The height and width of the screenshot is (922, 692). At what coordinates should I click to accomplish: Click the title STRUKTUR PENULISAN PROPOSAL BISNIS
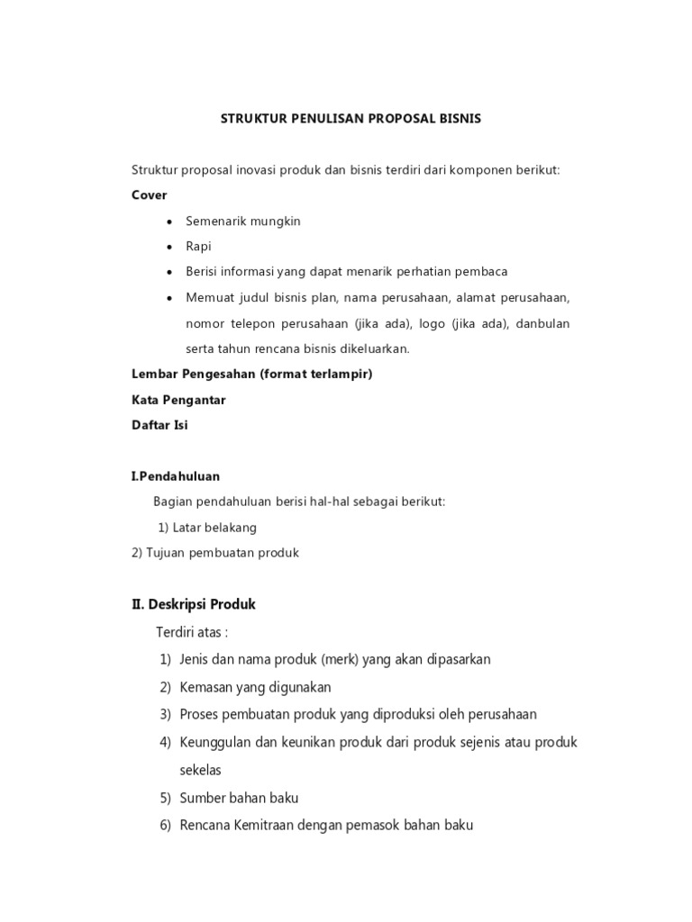(x=351, y=118)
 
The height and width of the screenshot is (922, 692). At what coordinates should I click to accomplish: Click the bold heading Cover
(x=150, y=194)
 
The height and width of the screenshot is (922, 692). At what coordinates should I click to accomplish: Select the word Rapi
(x=199, y=246)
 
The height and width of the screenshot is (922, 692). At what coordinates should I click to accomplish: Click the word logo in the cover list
(x=436, y=322)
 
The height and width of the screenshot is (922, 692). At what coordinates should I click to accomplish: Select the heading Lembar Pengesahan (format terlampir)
(x=252, y=375)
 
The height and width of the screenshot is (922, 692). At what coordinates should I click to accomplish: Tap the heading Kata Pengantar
(x=178, y=400)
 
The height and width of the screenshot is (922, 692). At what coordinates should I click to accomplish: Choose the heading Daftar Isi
(x=159, y=425)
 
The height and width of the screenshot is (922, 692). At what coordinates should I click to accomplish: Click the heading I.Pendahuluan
(x=176, y=475)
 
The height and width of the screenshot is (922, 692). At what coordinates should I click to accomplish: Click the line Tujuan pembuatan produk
(x=215, y=553)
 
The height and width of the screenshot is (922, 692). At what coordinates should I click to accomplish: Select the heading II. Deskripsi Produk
(x=194, y=603)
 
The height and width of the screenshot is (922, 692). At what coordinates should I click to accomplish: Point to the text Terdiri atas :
(x=193, y=632)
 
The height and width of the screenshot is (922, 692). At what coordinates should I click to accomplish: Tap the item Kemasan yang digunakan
(x=256, y=687)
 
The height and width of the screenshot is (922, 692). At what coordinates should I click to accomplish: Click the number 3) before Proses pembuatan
(x=166, y=715)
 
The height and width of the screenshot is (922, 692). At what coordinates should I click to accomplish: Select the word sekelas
(x=200, y=770)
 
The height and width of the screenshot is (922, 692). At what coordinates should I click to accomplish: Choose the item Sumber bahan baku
(x=239, y=798)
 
